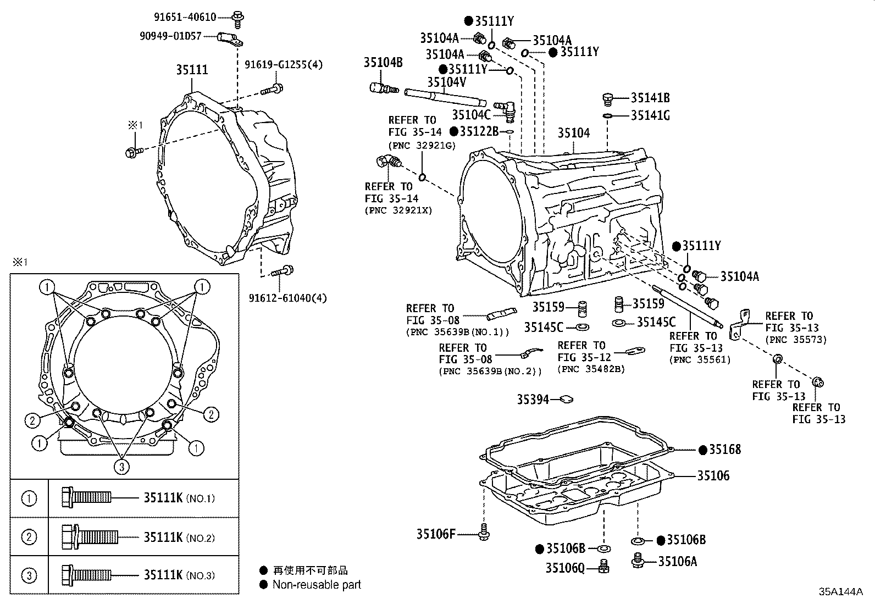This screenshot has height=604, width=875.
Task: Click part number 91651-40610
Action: point(185,17)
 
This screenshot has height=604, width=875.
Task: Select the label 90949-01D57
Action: point(170,36)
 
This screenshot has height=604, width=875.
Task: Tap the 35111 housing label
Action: point(192,70)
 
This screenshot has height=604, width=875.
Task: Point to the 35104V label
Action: point(446,82)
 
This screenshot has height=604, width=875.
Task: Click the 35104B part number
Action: point(383,63)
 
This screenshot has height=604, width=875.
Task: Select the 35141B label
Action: point(650,98)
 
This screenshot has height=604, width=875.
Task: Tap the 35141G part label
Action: point(650,115)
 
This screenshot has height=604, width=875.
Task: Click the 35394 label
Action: point(533,400)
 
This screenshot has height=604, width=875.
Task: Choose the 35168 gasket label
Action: point(724,450)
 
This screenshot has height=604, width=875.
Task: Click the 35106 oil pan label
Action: point(713,475)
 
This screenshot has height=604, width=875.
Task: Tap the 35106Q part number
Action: point(565,567)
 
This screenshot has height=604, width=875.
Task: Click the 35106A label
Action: point(678,561)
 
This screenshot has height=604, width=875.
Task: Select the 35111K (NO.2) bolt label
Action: point(163,537)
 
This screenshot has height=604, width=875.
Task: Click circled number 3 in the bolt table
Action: point(29,575)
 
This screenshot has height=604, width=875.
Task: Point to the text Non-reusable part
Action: point(317,585)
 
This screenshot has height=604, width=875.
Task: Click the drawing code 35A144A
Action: point(841,592)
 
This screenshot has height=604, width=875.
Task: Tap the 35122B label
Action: point(479,131)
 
